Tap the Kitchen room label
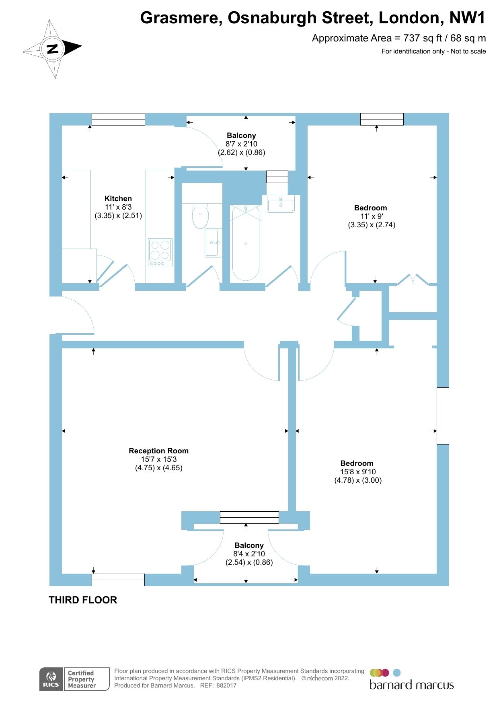click(x=118, y=198)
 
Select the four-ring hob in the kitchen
click(x=160, y=252)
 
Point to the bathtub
click(x=246, y=243)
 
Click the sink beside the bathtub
click(x=281, y=204)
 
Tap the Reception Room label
click(x=158, y=451)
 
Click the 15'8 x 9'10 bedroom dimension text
click(x=358, y=471)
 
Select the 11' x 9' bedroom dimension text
click(x=371, y=216)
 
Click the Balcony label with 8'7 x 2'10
click(x=241, y=136)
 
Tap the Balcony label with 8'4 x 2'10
click(x=249, y=545)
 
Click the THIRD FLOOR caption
click(x=83, y=600)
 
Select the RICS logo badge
click(x=51, y=679)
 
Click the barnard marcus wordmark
click(x=411, y=685)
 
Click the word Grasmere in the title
click(x=181, y=18)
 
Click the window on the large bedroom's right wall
click(x=443, y=416)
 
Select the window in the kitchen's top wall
click(x=118, y=119)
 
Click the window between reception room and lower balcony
click(x=249, y=517)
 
